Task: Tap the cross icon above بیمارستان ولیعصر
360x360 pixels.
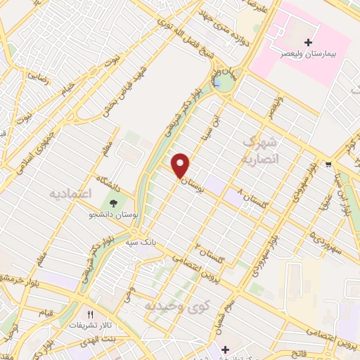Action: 308,44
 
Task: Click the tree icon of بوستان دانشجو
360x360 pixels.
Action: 114,202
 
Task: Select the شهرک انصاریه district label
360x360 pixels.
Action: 261,150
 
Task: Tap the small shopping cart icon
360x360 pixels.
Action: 328,165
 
